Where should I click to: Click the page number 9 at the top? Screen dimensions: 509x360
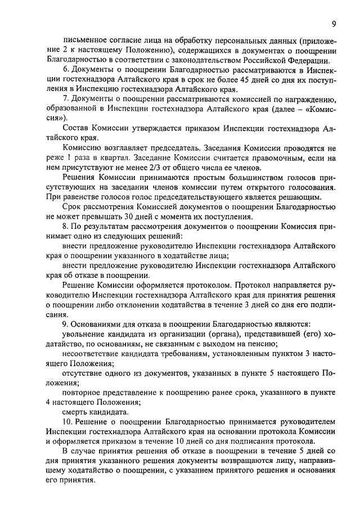point(334,24)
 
